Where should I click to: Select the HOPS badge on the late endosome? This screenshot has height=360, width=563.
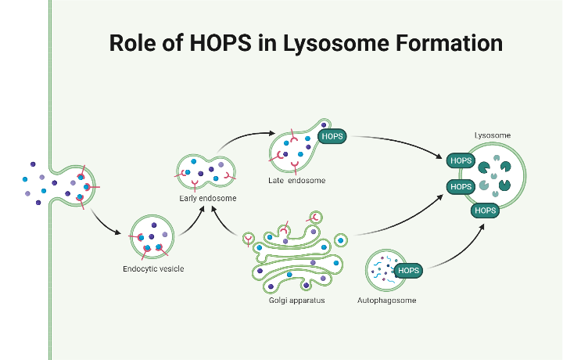tap(332, 136)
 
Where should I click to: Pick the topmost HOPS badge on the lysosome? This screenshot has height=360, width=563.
tap(461, 161)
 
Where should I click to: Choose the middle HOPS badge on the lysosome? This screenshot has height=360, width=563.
tap(461, 187)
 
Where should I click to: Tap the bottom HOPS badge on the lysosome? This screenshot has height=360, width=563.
tap(485, 211)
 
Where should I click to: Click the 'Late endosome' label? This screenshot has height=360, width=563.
tap(297, 181)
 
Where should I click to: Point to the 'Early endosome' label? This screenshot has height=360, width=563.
tap(206, 198)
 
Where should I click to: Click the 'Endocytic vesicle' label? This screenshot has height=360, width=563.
tap(153, 269)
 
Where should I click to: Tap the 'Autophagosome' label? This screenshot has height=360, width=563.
tap(386, 300)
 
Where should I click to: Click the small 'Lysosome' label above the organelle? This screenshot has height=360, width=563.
tap(493, 135)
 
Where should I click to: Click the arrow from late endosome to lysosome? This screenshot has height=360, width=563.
tap(399, 144)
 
